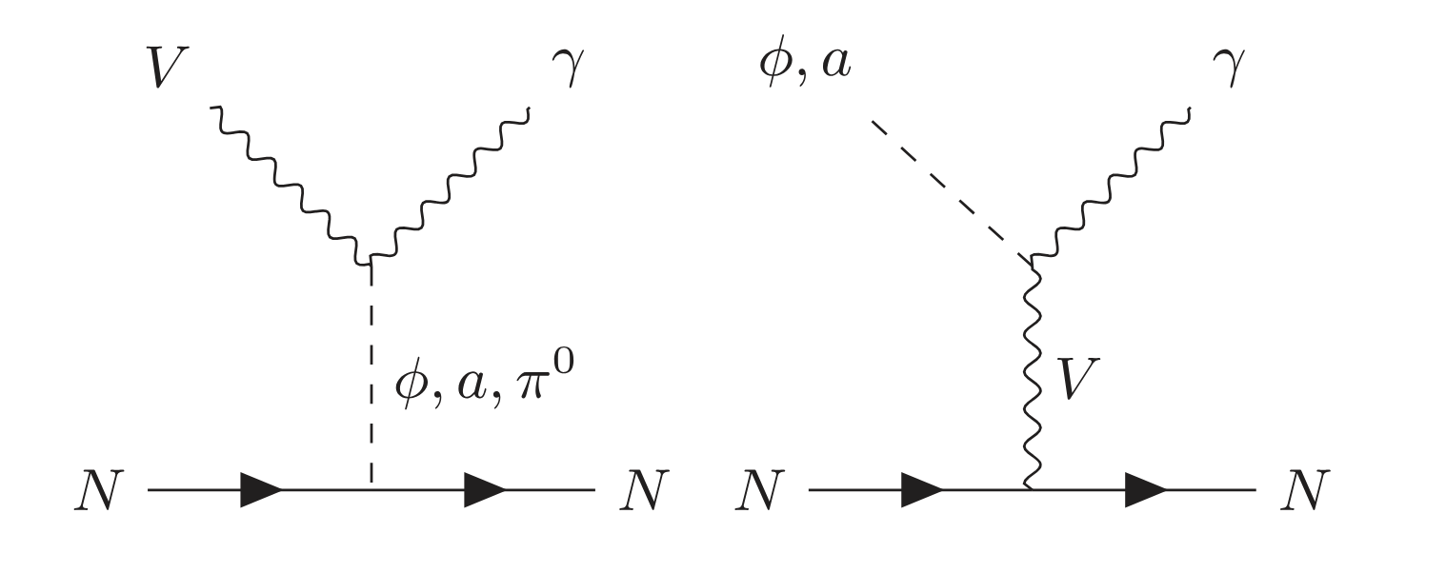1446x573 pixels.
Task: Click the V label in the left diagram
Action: tap(168, 68)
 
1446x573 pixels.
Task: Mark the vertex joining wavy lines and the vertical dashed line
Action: tap(372, 260)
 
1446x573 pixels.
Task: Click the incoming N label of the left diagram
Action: tap(99, 491)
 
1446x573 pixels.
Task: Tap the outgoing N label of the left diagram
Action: tap(644, 491)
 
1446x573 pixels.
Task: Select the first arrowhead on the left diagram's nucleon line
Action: tap(261, 490)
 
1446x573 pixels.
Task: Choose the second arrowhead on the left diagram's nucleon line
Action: tap(485, 490)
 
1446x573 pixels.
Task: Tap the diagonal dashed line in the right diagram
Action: tap(951, 190)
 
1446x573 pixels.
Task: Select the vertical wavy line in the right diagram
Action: tap(1033, 373)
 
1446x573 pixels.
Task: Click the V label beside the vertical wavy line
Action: tap(1077, 379)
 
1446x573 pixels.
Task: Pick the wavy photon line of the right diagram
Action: tap(1111, 184)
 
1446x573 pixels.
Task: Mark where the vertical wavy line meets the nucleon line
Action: tap(1032, 489)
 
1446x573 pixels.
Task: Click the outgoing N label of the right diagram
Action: tap(1305, 491)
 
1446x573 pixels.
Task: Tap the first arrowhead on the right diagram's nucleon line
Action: tap(922, 490)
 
